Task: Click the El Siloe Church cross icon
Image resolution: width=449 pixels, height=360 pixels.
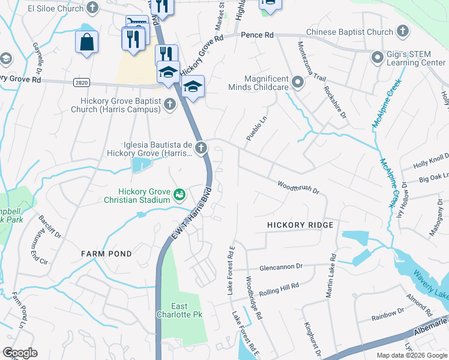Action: pos(92,8)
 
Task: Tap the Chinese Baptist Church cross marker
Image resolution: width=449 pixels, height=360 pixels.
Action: pos(402,31)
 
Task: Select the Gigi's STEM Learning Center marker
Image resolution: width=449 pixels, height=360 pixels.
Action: pos(378,58)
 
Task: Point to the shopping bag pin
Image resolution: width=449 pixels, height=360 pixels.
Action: pos(86,43)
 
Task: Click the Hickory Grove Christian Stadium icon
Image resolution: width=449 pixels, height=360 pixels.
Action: pos(179,195)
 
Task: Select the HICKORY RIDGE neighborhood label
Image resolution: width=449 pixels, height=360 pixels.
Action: pos(300,224)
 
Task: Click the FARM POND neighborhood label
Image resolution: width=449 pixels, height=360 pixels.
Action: pos(106,254)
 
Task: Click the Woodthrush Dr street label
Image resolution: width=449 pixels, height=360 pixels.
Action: pos(298,187)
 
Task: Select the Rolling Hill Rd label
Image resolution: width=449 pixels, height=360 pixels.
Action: pos(279,289)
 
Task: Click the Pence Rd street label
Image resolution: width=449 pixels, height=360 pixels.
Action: pos(257,35)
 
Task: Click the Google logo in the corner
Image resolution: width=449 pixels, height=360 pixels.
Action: pos(20,352)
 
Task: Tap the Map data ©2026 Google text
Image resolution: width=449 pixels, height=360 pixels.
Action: pos(412,355)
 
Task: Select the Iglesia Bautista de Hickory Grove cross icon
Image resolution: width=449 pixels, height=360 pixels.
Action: pos(202,146)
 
